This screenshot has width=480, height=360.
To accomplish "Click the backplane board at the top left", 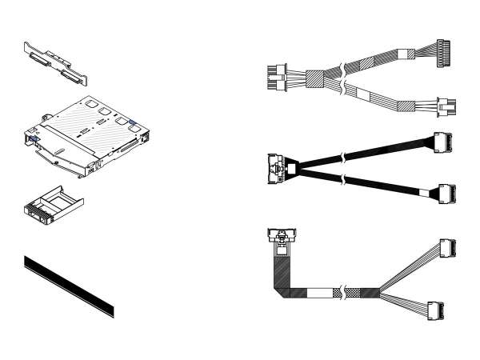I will tap(55, 63).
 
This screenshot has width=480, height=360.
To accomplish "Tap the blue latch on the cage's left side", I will tap(35, 140).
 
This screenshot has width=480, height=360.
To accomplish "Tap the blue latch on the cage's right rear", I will tap(133, 124).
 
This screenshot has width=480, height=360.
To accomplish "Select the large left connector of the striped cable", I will tap(274, 78).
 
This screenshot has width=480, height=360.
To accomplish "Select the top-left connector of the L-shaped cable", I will tap(283, 237).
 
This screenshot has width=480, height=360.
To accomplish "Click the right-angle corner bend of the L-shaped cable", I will tap(284, 290).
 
